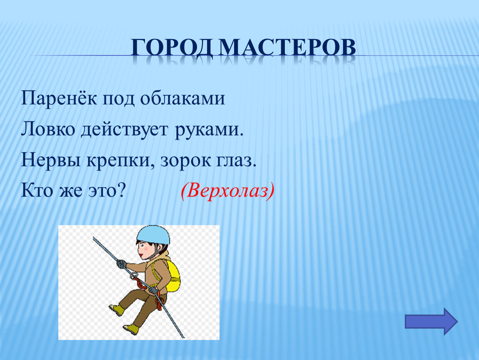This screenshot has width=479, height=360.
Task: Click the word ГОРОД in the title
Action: click(172, 47)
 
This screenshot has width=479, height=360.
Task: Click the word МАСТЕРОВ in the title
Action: click(287, 47)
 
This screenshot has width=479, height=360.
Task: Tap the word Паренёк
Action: click(59, 98)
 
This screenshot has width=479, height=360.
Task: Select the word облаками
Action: click(182, 98)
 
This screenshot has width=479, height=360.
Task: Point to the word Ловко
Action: click(48, 129)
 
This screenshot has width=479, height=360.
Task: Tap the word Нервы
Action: click(51, 160)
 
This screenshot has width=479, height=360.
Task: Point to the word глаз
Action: click(236, 160)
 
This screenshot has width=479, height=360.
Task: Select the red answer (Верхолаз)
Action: click(227, 191)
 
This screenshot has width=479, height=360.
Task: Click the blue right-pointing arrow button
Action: click(431, 321)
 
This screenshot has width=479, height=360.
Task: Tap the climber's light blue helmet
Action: click(153, 235)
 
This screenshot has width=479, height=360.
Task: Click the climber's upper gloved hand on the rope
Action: click(122, 264)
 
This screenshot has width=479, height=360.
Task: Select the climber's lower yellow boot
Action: click(131, 329)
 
